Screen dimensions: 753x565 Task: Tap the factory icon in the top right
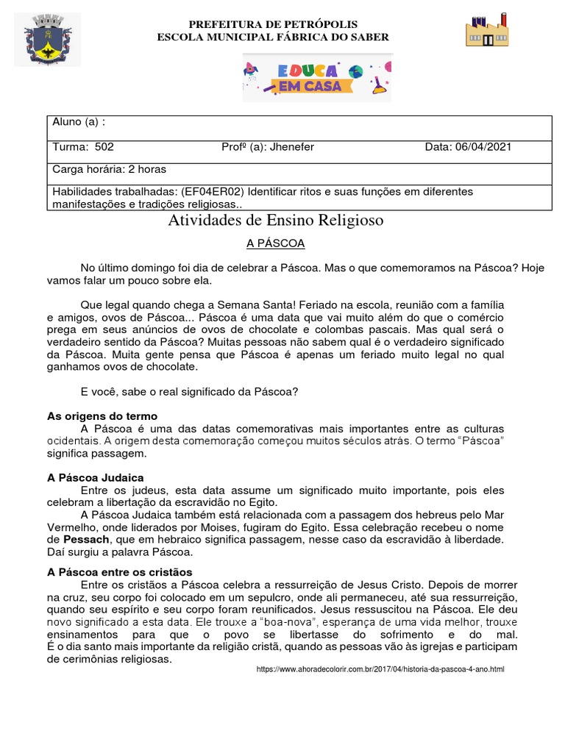[487, 31]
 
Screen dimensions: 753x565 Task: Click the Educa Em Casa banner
[316, 78]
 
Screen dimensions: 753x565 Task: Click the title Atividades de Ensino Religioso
[276, 220]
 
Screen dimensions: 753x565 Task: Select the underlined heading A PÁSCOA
[275, 243]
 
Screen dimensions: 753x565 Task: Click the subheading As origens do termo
[102, 416]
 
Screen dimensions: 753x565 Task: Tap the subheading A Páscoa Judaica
[95, 477]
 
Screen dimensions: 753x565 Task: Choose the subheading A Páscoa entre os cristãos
[119, 571]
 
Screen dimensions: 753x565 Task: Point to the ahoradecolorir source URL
[380, 669]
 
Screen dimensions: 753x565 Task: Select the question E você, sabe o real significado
[188, 392]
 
